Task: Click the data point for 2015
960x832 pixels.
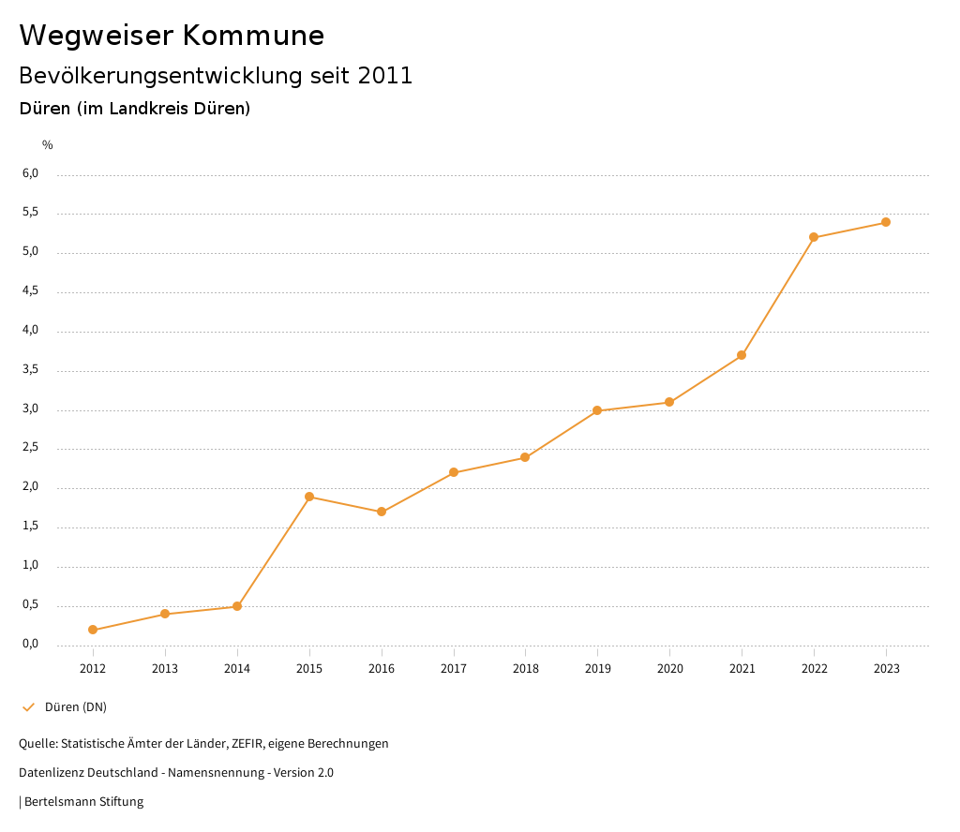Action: [309, 497]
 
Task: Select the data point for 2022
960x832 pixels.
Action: [814, 237]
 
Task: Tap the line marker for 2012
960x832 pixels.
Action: [93, 630]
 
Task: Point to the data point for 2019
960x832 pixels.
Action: [597, 410]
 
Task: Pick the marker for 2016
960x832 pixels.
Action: [382, 512]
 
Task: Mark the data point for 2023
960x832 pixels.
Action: [886, 222]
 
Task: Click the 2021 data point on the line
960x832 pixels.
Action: [742, 355]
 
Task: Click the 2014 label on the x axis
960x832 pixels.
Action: [237, 668]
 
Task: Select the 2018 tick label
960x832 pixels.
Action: [525, 668]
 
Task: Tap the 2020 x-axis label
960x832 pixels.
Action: [669, 668]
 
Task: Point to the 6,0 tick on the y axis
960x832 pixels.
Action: [31, 173]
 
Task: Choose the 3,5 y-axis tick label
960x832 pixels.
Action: [31, 370]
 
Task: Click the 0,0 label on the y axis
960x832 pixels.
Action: [31, 644]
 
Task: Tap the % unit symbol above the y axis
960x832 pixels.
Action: [48, 145]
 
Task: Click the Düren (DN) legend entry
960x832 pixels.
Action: [75, 706]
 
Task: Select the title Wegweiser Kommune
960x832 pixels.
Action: [172, 36]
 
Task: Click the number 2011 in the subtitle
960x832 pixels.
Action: [385, 76]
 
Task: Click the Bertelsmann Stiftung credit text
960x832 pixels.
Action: [83, 802]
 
